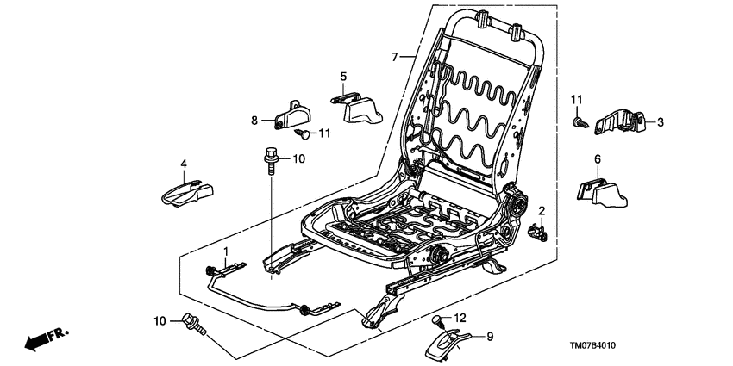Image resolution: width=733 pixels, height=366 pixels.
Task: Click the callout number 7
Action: pyautogui.click(x=395, y=58)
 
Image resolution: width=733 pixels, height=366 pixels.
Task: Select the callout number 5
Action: pyautogui.click(x=342, y=77)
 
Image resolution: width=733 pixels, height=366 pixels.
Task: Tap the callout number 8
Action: pyautogui.click(x=254, y=121)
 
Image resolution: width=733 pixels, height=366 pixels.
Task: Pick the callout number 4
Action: pyautogui.click(x=184, y=164)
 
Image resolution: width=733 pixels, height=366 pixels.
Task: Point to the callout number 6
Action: pyautogui.click(x=596, y=158)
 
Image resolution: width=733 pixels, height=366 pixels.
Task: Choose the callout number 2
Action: pyautogui.click(x=542, y=211)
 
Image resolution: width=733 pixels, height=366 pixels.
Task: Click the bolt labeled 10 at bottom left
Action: pyautogui.click(x=191, y=325)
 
